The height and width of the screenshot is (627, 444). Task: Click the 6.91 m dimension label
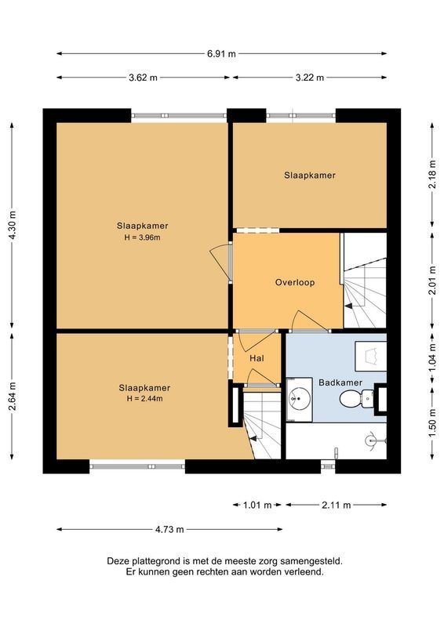221,54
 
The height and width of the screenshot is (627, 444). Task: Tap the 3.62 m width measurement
144,78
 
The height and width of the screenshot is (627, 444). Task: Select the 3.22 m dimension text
311,78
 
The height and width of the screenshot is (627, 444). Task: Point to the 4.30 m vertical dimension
11,226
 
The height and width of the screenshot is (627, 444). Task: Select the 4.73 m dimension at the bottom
169,529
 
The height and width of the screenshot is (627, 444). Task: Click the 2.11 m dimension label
336,506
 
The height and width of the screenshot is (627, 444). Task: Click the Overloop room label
294,282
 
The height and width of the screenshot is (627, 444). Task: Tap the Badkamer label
340,382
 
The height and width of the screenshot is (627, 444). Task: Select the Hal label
256,358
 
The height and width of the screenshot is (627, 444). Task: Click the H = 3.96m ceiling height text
143,237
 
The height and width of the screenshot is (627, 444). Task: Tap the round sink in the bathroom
298,399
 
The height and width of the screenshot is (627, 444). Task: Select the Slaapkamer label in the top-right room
310,176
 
